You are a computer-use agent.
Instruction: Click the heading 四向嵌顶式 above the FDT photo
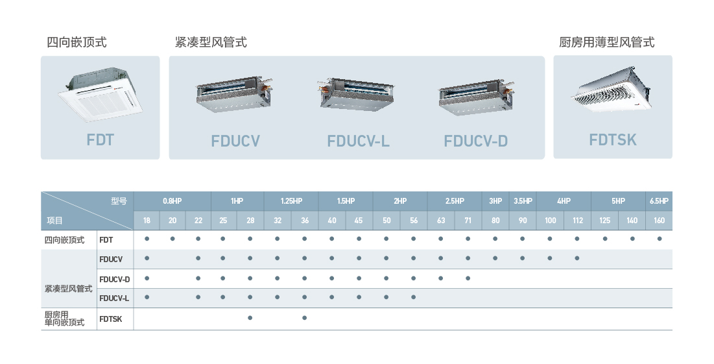77,43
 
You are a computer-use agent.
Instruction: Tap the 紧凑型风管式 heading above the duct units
211,43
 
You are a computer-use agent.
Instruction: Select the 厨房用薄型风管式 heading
606,43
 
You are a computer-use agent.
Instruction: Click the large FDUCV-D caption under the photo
475,141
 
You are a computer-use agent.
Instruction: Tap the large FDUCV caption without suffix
235,141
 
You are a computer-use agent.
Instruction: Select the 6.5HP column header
659,201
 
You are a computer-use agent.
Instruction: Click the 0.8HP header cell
173,201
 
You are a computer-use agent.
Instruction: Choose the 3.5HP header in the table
523,201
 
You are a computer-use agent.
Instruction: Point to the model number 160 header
659,221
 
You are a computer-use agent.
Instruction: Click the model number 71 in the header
468,221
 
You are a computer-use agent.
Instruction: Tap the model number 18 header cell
147,221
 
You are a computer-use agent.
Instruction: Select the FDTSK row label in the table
111,319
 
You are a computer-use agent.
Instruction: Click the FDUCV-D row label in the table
115,279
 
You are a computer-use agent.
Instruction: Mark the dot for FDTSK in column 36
304,318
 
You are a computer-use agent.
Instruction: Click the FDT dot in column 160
660,239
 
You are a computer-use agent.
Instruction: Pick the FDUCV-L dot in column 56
413,297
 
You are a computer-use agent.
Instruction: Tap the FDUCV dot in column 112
577,258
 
